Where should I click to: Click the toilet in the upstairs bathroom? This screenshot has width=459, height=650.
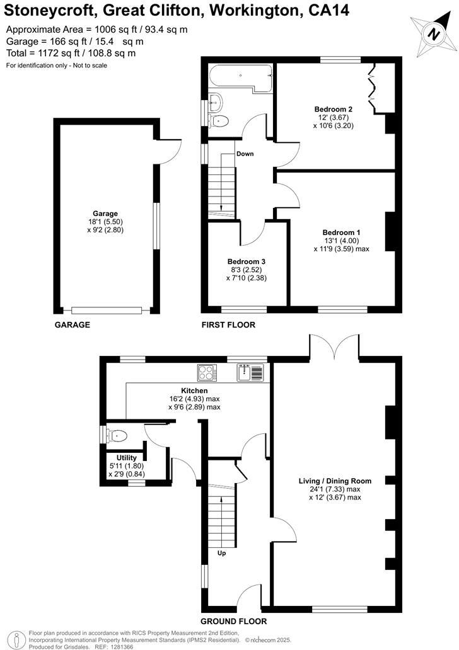click(x=219, y=120)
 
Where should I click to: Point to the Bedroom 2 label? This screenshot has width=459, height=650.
click(x=333, y=109)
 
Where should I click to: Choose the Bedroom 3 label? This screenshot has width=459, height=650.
click(x=247, y=261)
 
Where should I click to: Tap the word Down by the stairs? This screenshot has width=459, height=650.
click(x=245, y=154)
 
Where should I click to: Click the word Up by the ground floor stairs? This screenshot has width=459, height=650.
click(x=221, y=554)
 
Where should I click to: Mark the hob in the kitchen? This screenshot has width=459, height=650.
click(x=207, y=373)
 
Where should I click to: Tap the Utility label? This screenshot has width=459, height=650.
click(x=121, y=458)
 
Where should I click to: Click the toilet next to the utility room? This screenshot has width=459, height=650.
click(x=117, y=435)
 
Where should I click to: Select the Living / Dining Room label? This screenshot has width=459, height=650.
click(x=335, y=481)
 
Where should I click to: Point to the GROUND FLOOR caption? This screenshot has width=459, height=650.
click(x=234, y=621)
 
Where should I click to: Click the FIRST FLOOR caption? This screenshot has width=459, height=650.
click(x=228, y=325)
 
